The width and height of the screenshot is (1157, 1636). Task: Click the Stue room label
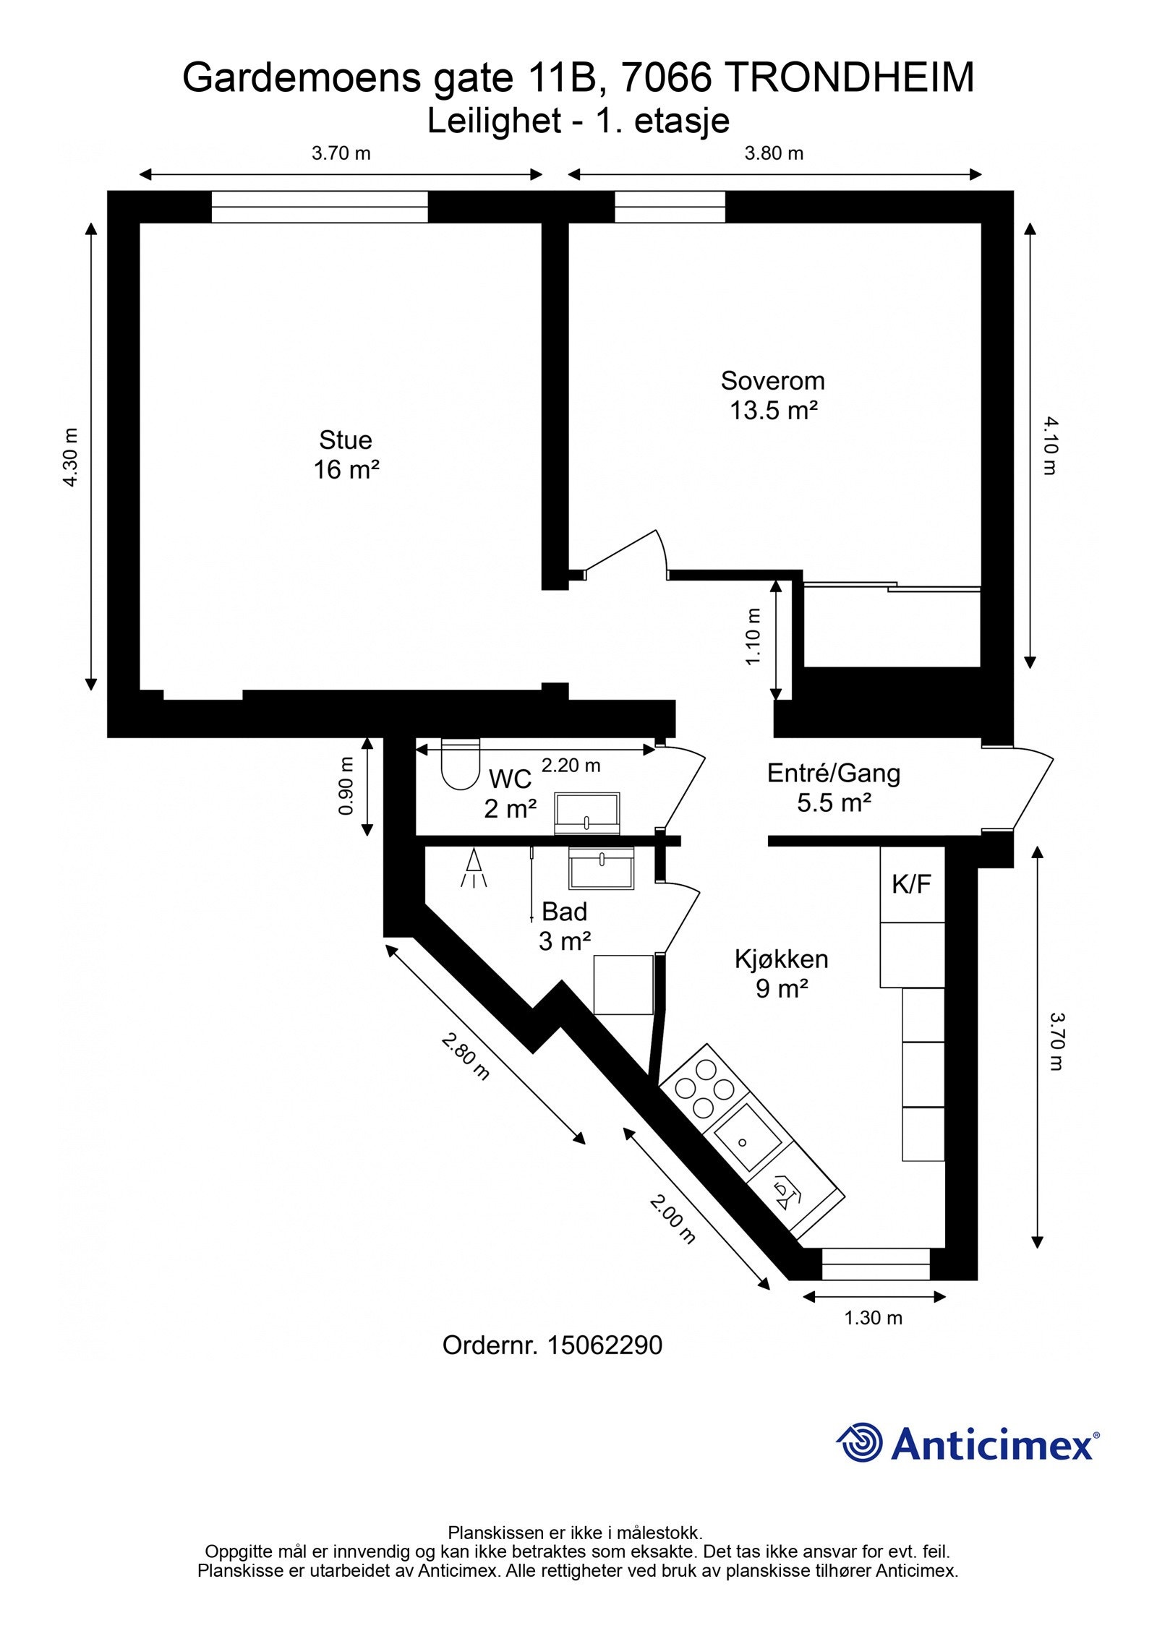click(346, 440)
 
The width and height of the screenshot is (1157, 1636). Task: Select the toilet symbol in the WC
click(460, 763)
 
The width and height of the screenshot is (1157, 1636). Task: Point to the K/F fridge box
click(911, 884)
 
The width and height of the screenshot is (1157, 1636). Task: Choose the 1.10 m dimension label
click(753, 637)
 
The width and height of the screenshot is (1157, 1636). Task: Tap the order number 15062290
click(604, 1345)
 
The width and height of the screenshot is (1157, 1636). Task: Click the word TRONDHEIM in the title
click(848, 78)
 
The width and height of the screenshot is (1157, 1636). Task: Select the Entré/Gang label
click(833, 774)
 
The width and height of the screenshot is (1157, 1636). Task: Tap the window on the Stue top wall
click(319, 207)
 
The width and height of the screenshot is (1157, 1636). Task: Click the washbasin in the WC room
click(586, 812)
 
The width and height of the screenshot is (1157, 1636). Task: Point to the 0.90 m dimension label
click(346, 786)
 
